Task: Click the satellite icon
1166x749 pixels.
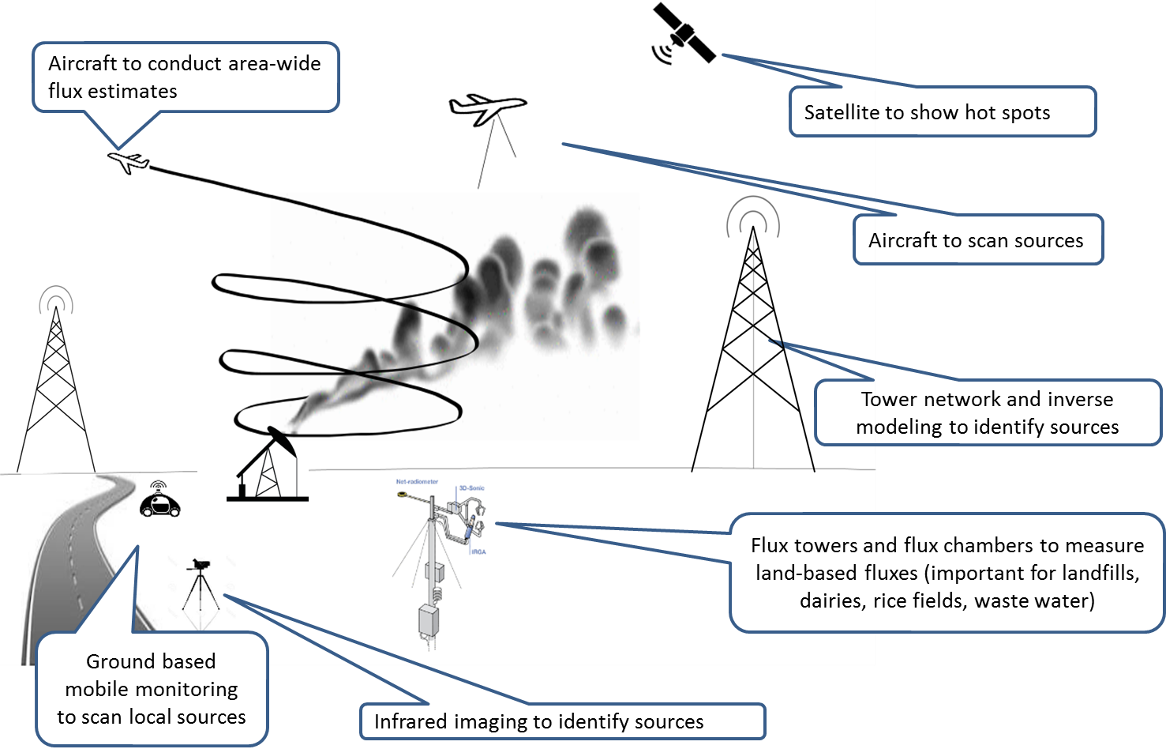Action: [684, 34]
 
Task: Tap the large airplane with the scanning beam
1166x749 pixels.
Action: [487, 107]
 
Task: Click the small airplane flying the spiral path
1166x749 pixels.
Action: [128, 162]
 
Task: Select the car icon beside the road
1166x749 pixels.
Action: [160, 503]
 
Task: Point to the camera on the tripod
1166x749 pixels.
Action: [199, 565]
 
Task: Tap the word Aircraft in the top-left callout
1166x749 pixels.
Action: [82, 63]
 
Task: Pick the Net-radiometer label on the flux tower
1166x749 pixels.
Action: [417, 481]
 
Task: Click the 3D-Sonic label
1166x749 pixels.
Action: [472, 488]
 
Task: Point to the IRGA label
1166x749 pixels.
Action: [478, 551]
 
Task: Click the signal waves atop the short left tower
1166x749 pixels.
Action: [56, 299]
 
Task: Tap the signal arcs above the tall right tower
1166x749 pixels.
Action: [753, 213]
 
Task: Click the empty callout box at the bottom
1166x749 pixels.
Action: [562, 721]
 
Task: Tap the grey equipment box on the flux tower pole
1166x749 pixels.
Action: [429, 620]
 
